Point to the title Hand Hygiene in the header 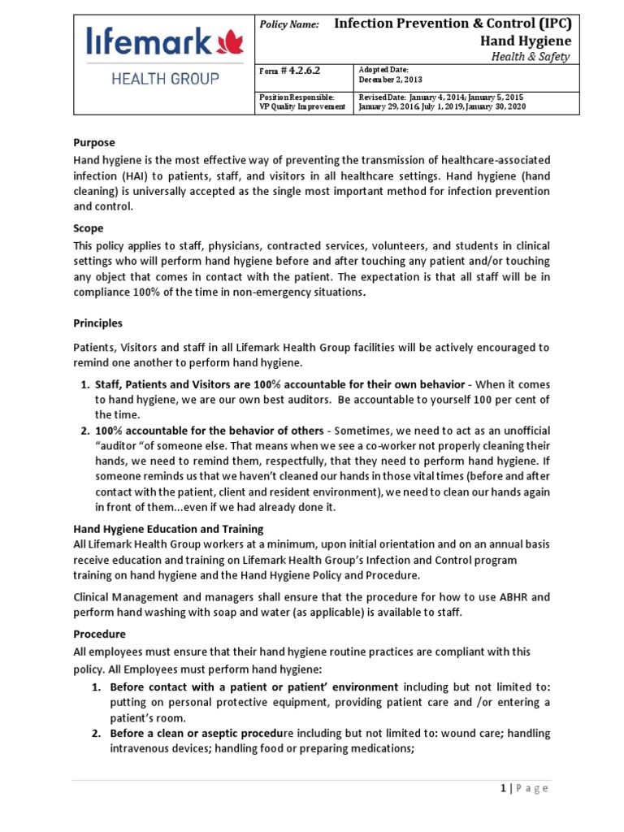point(528,41)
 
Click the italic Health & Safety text point(531,57)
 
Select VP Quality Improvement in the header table point(301,106)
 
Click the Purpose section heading point(94,142)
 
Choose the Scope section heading point(89,228)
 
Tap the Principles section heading point(97,323)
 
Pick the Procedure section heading point(99,634)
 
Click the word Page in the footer point(531,788)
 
